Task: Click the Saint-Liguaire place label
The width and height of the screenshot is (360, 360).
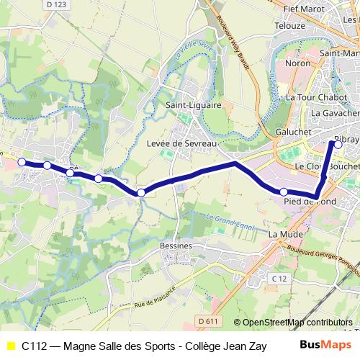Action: coord(194,104)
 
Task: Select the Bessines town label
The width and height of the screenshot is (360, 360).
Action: coord(176,246)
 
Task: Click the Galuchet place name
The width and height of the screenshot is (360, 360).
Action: coord(293,132)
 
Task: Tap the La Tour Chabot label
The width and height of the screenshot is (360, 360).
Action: coord(317,97)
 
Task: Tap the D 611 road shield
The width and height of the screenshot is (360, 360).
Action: coord(207,320)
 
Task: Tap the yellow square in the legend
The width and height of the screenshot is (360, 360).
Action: coord(10,346)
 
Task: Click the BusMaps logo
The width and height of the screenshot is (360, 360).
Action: coord(324,346)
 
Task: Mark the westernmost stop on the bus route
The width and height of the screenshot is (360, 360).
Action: coord(22,162)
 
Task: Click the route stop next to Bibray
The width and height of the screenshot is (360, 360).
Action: coord(335,143)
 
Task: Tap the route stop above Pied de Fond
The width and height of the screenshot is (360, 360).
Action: coord(284,192)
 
